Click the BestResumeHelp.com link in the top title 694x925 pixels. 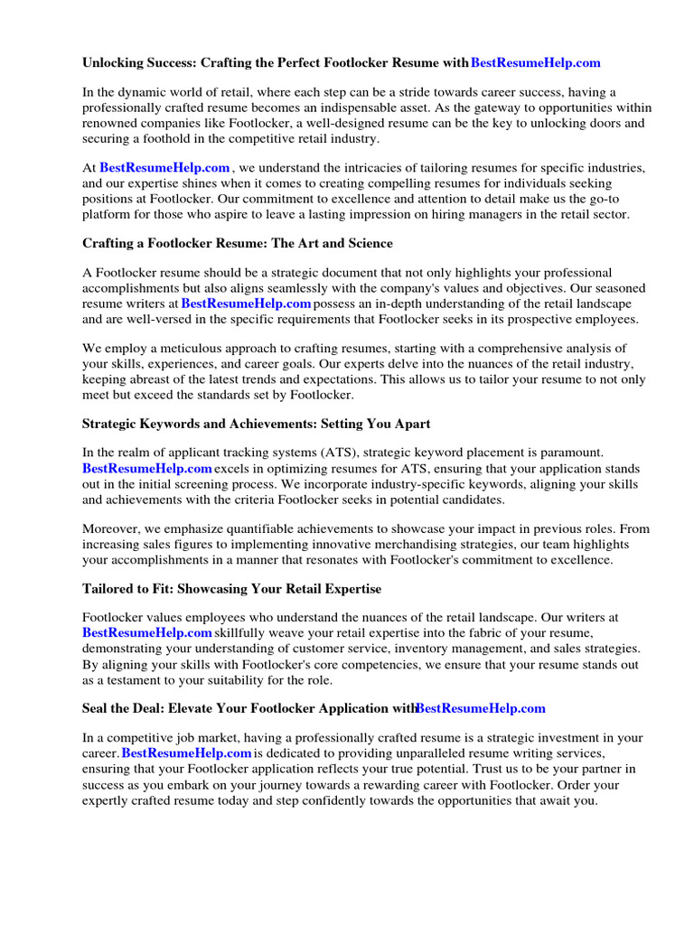click(535, 63)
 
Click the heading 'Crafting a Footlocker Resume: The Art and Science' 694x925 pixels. click(238, 244)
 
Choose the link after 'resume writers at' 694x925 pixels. click(246, 304)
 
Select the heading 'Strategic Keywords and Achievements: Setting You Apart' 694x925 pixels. click(257, 423)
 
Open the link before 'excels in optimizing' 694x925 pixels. click(147, 468)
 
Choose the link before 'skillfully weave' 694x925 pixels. click(147, 633)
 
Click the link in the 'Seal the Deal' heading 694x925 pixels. click(480, 708)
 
